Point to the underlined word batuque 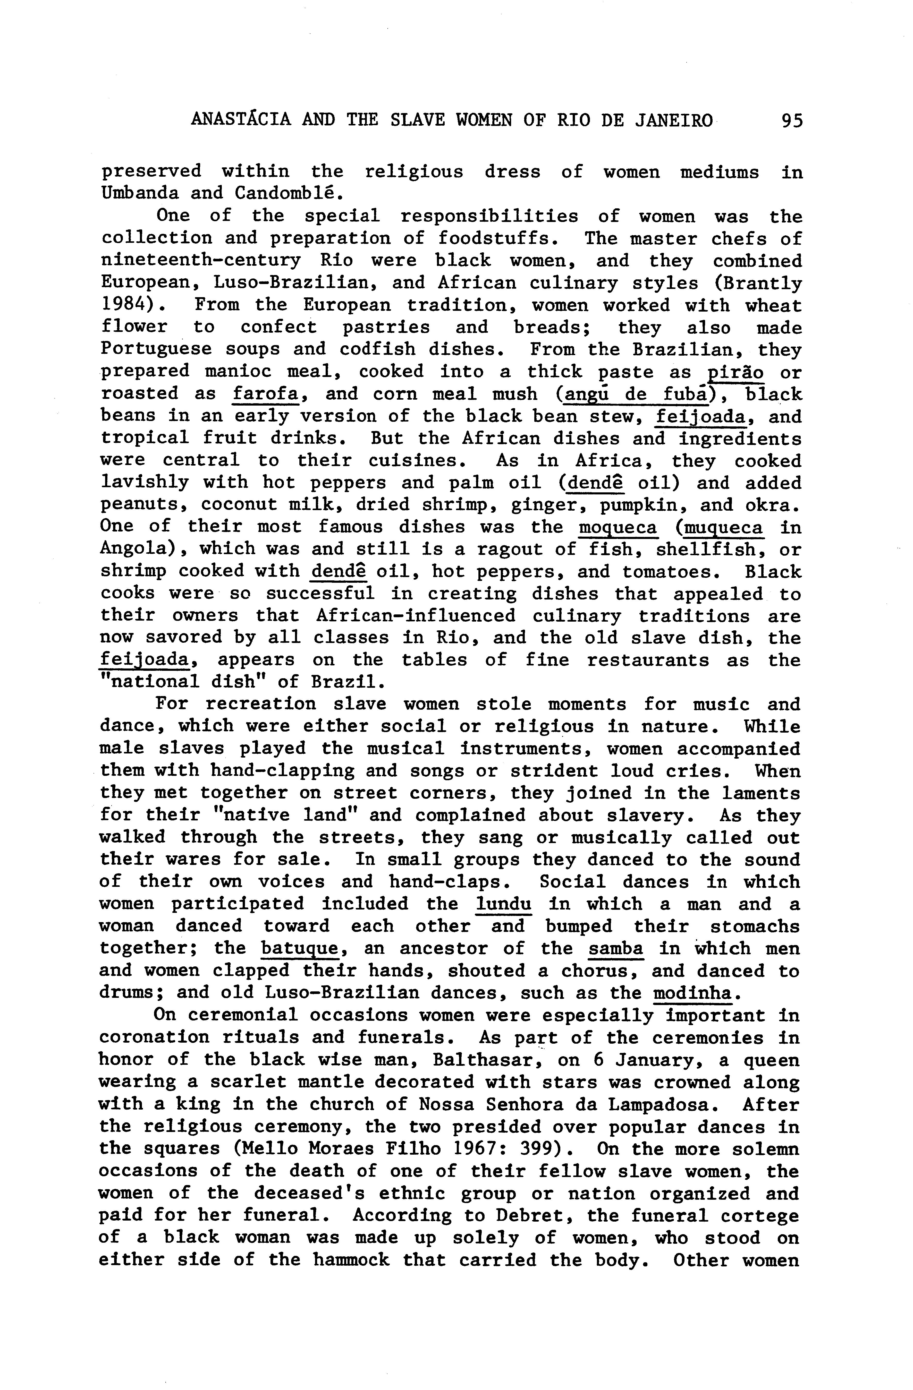300,948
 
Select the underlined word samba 616,948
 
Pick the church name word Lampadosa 661,1104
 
